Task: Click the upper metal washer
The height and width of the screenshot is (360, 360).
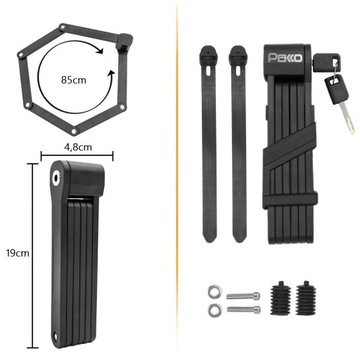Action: (x=213, y=291)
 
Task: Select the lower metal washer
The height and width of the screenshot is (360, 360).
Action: (x=213, y=310)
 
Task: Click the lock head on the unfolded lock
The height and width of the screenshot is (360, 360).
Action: (x=124, y=41)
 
